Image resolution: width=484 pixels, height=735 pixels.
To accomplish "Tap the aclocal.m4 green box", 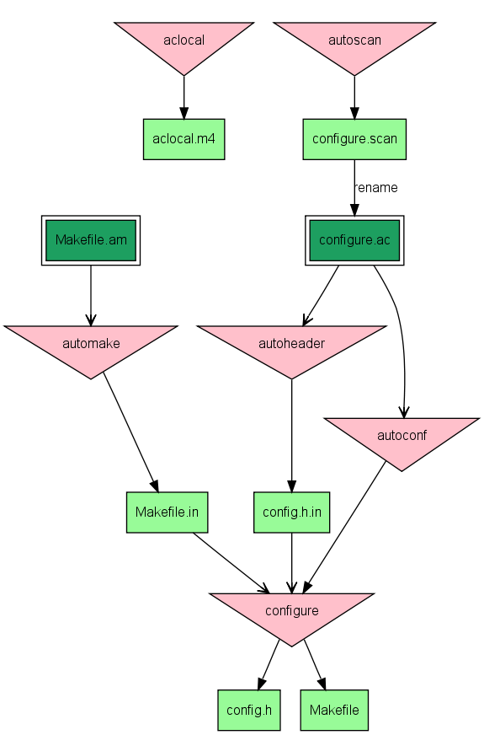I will pos(183,139).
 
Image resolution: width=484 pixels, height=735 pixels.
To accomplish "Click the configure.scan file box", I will pos(354,139).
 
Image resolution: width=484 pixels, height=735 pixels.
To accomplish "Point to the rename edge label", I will pos(375,187).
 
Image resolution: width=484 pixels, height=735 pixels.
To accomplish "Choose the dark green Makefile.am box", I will pos(91,240).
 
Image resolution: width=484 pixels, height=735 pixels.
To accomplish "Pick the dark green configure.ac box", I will pos(354,240).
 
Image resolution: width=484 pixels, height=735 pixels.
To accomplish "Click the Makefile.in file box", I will pos(167,512).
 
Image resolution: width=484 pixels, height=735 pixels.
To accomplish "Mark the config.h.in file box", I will pos(291,512).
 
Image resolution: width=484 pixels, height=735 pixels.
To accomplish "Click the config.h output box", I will pos(248,710).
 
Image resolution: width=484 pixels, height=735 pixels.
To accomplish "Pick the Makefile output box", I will pos(334,710).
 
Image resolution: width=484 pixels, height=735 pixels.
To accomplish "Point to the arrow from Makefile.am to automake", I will pos(91,295).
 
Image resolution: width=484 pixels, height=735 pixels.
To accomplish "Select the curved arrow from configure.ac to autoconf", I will pos(401,337).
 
